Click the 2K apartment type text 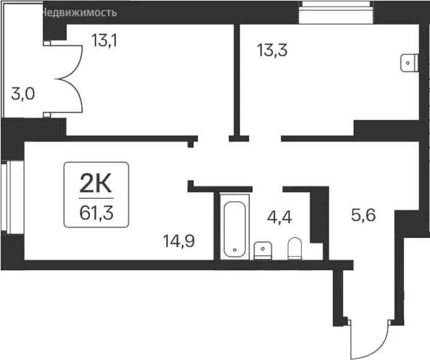point(97,186)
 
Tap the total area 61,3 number point(97,211)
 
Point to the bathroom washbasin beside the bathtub point(262,251)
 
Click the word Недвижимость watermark point(79,12)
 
